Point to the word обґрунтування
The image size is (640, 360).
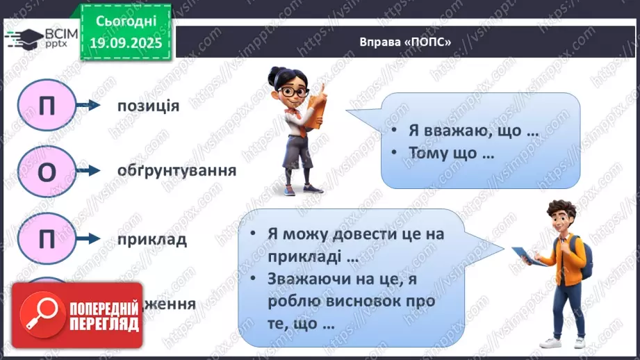coord(176,170)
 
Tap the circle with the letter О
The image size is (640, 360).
coord(47,172)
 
